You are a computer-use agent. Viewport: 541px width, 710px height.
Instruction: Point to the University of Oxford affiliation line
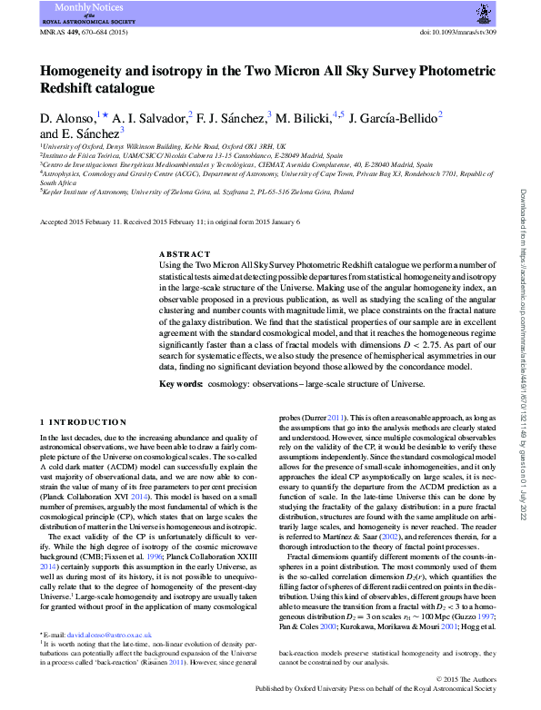(164, 145)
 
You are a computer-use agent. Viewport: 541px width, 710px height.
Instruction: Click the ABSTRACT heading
(185, 255)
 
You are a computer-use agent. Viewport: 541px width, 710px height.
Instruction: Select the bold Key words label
(180, 385)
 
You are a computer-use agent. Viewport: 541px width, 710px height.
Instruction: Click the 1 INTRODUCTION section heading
(85, 422)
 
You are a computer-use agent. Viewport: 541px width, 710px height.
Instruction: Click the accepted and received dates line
(149, 222)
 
